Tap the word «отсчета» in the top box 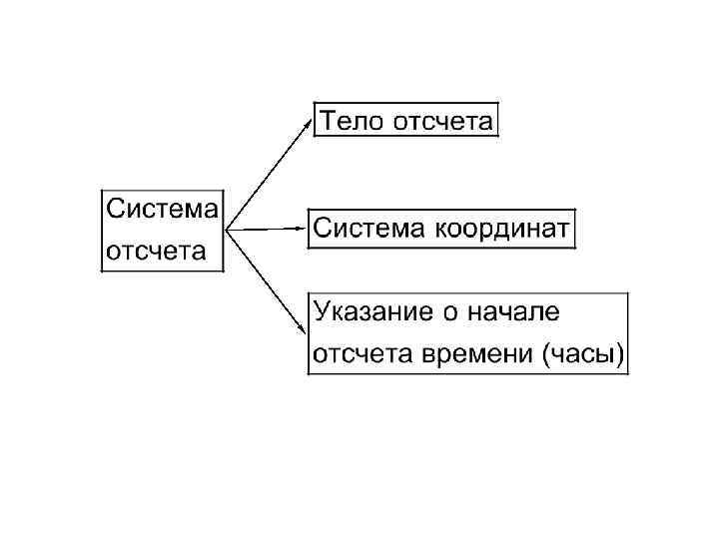tap(443, 123)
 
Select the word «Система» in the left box tap(162, 210)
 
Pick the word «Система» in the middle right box tap(369, 229)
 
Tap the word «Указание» tap(370, 311)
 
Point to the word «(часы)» tap(584, 354)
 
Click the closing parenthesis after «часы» tap(620, 354)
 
